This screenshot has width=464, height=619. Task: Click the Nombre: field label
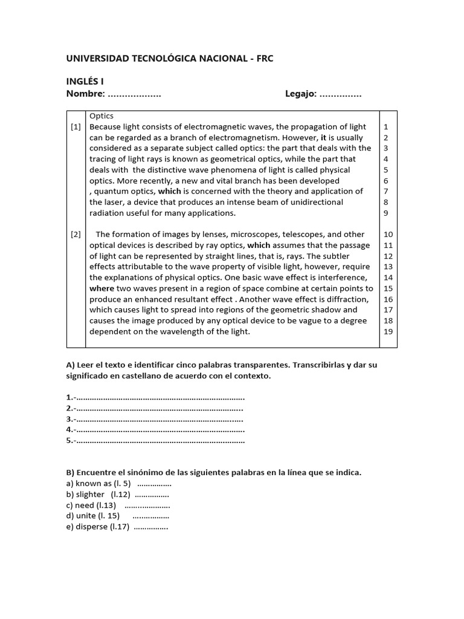point(85,94)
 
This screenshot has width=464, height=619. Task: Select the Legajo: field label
point(300,94)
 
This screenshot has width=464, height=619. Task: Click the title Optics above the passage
point(101,116)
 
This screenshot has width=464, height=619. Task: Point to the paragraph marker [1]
point(76,127)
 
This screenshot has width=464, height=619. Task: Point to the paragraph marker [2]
point(76,235)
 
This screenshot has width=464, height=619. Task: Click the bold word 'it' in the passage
point(323,138)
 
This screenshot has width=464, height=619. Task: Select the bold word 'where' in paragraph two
point(101,289)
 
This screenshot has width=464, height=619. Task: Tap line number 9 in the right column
point(385,213)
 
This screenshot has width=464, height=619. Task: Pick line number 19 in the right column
point(388,332)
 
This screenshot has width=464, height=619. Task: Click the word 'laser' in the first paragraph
point(114,203)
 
